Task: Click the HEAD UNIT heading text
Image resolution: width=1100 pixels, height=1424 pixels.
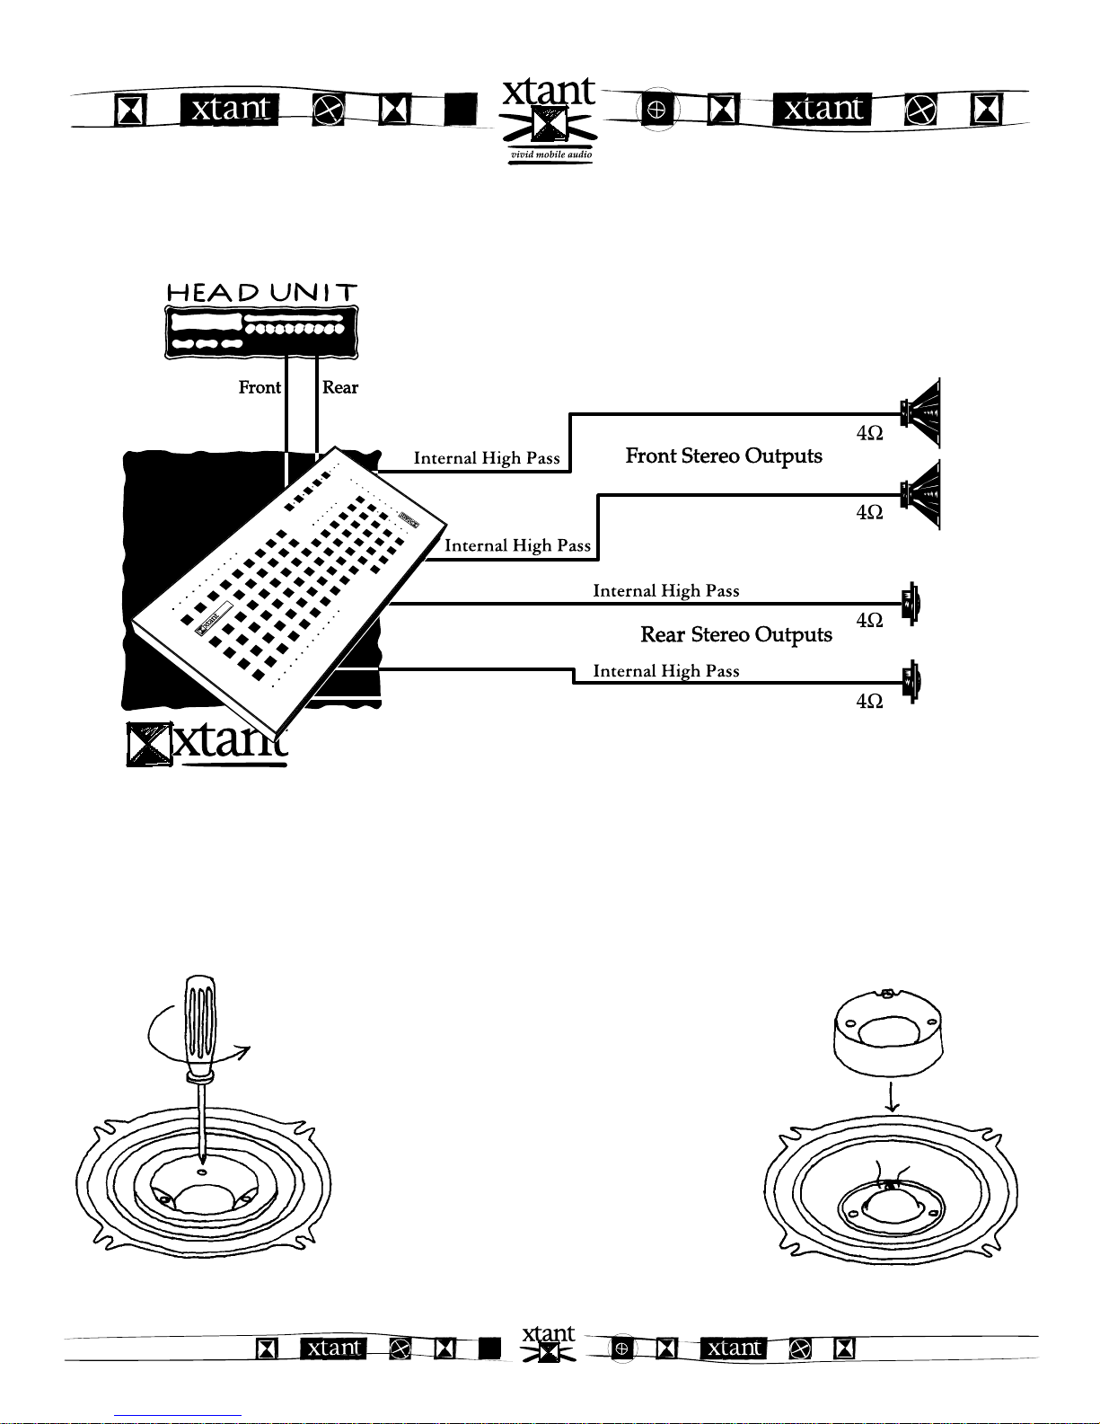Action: click(x=262, y=292)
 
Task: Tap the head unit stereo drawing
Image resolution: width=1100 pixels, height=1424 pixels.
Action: click(x=261, y=332)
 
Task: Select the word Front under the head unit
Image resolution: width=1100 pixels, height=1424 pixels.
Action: click(x=260, y=387)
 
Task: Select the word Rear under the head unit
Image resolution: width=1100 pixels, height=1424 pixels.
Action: click(x=339, y=387)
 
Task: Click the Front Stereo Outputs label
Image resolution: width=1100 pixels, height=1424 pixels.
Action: click(x=724, y=456)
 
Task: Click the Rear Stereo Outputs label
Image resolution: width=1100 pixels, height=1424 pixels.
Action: click(x=736, y=634)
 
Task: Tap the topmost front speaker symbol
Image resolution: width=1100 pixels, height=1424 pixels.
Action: click(x=920, y=413)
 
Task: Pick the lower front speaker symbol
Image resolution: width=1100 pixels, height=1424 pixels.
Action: click(x=920, y=495)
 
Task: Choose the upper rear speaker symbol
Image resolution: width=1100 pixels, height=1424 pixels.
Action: click(x=911, y=604)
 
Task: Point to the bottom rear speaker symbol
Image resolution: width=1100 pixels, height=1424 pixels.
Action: click(x=911, y=682)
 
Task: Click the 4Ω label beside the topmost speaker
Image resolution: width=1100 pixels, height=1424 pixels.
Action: click(x=869, y=433)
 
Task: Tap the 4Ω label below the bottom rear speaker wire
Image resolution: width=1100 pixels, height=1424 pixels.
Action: click(x=869, y=702)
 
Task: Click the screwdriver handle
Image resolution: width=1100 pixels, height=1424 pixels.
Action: click(x=199, y=1025)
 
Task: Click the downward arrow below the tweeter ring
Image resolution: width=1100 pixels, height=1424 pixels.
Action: click(x=891, y=1097)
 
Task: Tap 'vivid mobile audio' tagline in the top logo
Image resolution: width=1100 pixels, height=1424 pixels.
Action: click(x=550, y=155)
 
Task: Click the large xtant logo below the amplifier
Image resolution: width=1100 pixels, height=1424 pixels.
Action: click(x=207, y=744)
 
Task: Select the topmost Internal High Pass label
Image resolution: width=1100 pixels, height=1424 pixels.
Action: click(x=487, y=458)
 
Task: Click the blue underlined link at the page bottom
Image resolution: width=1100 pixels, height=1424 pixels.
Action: click(x=178, y=1416)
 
